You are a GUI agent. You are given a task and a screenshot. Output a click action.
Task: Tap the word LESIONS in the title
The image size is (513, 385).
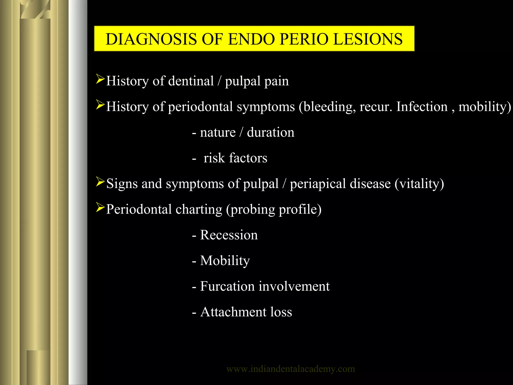368,39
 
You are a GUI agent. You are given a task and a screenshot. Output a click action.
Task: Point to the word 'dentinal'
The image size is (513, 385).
191,81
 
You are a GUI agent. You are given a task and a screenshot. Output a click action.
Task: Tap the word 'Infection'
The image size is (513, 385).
422,107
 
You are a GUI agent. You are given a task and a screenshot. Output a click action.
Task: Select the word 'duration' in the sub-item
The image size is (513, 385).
271,132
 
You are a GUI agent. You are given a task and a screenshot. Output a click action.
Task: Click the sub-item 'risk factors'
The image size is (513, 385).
235,158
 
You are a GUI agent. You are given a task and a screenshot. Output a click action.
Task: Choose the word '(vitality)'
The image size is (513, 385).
419,184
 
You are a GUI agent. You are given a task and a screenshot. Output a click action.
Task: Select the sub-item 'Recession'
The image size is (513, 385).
229,235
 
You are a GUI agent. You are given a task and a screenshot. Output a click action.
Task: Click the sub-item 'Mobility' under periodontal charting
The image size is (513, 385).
225,261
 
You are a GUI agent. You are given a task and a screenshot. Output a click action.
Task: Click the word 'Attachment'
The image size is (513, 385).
233,312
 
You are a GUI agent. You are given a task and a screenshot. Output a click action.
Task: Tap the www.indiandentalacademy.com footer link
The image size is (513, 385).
291,369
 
